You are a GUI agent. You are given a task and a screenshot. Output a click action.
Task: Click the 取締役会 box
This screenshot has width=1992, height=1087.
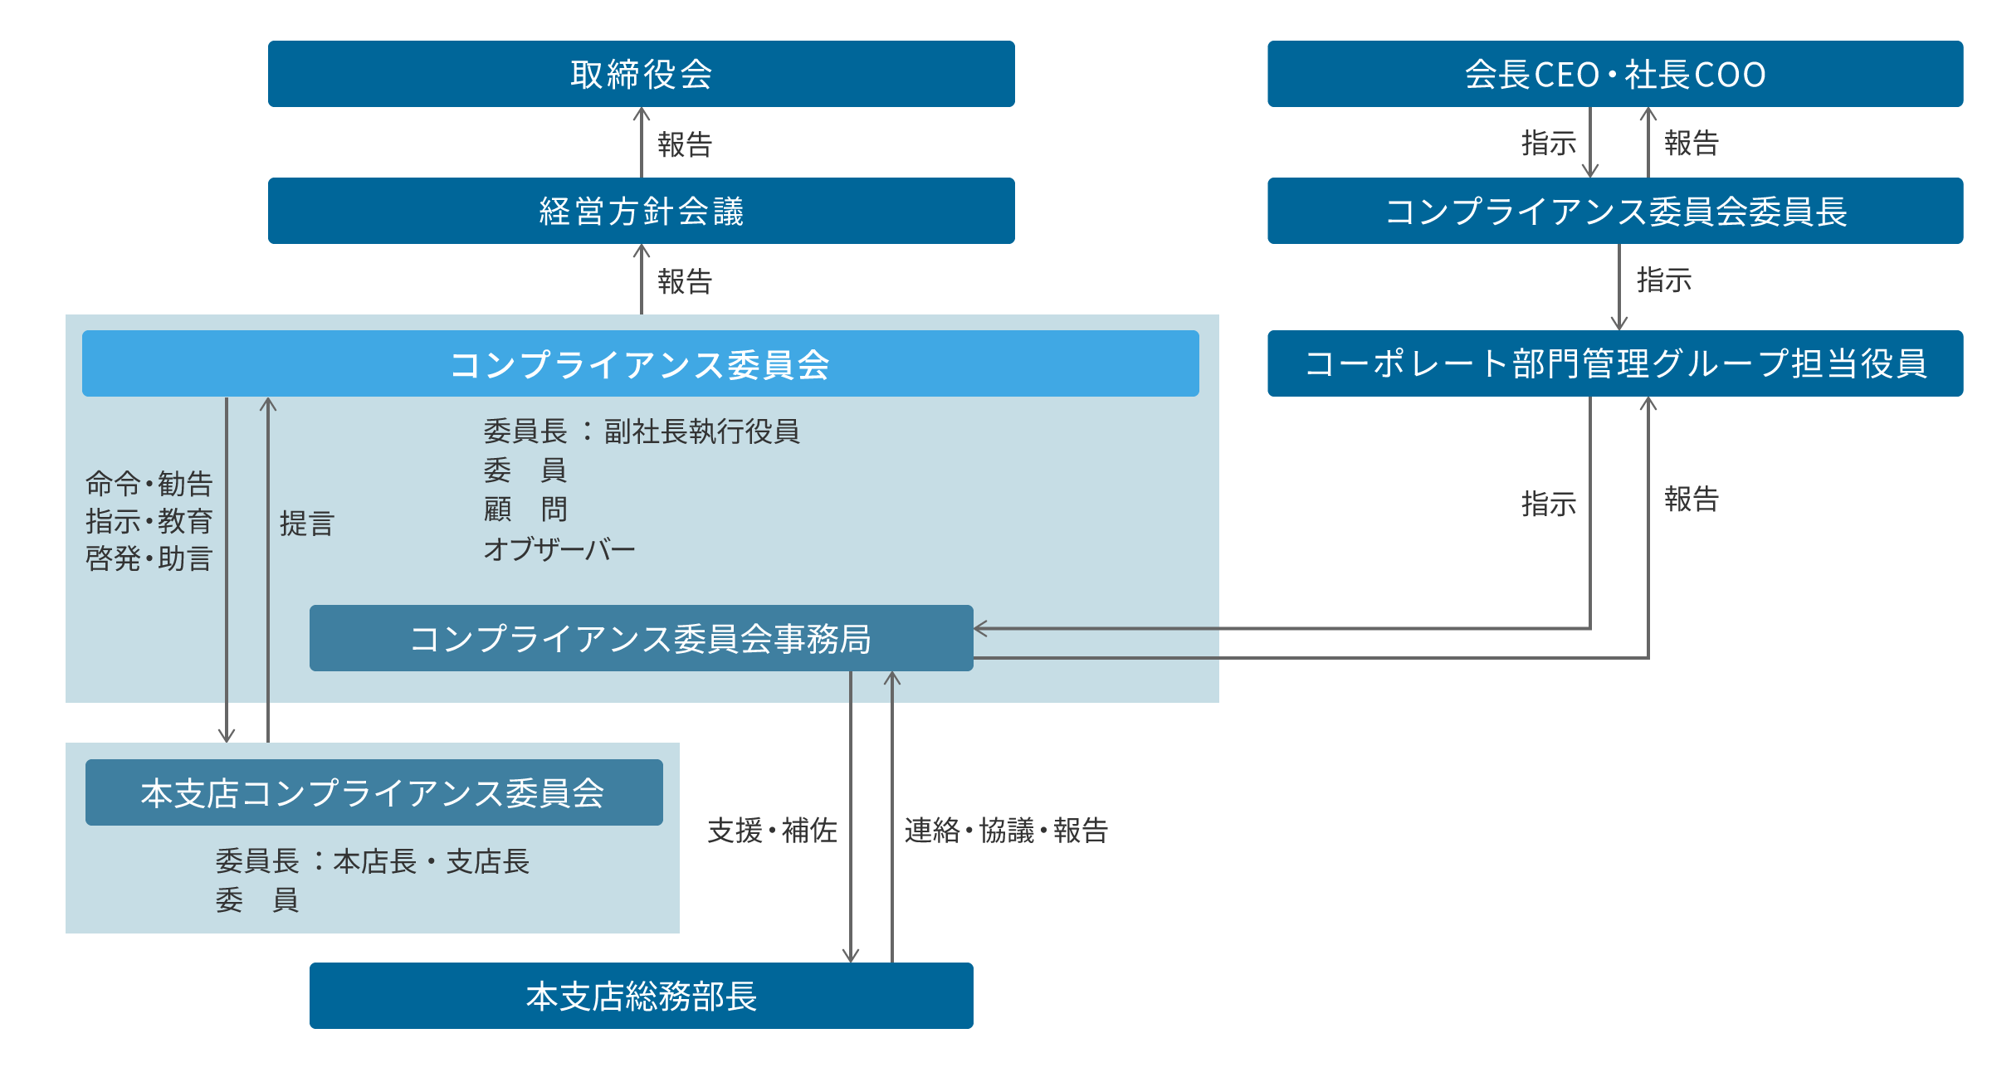641,74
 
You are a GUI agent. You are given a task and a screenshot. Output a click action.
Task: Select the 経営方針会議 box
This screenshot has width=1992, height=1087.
641,211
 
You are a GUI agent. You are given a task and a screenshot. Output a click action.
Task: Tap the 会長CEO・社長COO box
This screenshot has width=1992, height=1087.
1614,74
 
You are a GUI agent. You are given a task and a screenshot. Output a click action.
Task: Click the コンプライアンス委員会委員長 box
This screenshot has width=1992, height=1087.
1614,211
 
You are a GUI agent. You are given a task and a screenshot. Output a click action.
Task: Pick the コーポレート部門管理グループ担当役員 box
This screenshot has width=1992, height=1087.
1614,363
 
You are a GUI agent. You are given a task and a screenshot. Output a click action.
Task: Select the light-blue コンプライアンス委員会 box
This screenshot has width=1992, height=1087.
640,363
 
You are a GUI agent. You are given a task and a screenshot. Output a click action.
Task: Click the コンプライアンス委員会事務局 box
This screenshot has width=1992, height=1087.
641,638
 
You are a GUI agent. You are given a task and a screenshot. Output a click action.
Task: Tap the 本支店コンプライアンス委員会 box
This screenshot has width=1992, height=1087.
373,792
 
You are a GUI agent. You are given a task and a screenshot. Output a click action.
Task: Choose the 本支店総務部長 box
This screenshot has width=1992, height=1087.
641,996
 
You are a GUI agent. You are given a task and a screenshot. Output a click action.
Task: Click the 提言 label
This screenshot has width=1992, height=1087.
307,524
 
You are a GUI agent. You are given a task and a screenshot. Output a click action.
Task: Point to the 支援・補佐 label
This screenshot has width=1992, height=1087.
772,830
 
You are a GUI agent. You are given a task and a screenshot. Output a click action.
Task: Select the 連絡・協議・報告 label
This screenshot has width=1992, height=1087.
1006,830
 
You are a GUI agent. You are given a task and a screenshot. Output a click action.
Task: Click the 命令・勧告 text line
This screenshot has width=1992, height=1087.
149,483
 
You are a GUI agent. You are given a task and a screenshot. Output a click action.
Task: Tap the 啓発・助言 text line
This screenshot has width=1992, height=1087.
149,558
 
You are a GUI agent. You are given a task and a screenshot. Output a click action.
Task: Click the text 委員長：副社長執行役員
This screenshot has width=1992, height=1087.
641,431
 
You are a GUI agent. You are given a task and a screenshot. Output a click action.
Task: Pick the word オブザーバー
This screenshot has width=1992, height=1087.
559,548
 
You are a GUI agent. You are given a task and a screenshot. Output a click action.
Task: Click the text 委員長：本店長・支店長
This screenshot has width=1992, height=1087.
372,861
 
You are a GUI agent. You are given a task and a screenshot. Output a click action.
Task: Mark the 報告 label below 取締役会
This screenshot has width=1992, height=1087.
685,144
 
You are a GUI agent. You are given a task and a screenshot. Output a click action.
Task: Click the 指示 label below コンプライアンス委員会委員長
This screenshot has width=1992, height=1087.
1663,280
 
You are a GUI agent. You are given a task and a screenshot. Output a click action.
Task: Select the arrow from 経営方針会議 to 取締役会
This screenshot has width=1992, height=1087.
641,142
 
